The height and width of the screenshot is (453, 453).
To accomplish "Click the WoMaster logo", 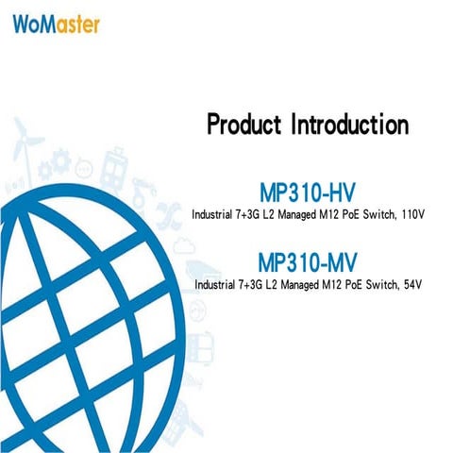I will point(56,24).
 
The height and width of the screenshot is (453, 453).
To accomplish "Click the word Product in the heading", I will point(246,125).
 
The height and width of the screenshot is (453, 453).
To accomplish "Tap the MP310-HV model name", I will point(307,190).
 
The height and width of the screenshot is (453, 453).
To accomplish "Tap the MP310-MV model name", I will point(307,260).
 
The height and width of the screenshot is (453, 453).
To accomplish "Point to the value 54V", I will point(412,284).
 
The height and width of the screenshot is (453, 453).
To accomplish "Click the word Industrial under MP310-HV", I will point(216,214).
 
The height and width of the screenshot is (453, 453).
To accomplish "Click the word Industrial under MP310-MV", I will point(219,284).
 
